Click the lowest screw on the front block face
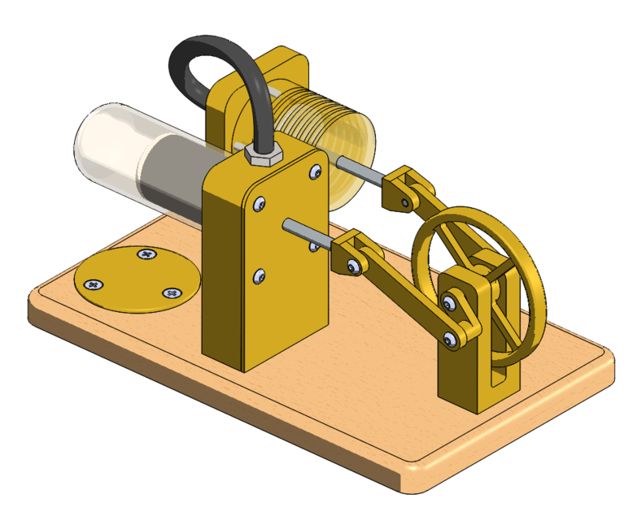[x=260, y=276]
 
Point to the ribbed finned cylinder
[x=317, y=122]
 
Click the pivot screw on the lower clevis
[x=353, y=265]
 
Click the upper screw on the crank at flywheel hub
[x=449, y=303]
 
